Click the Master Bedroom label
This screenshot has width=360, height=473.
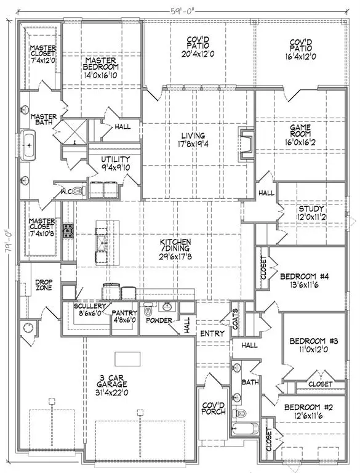pyautogui.click(x=102, y=67)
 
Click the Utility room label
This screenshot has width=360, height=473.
pyautogui.click(x=116, y=163)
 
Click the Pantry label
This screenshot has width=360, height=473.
pyautogui.click(x=124, y=317)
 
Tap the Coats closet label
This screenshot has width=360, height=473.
pyautogui.click(x=234, y=318)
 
